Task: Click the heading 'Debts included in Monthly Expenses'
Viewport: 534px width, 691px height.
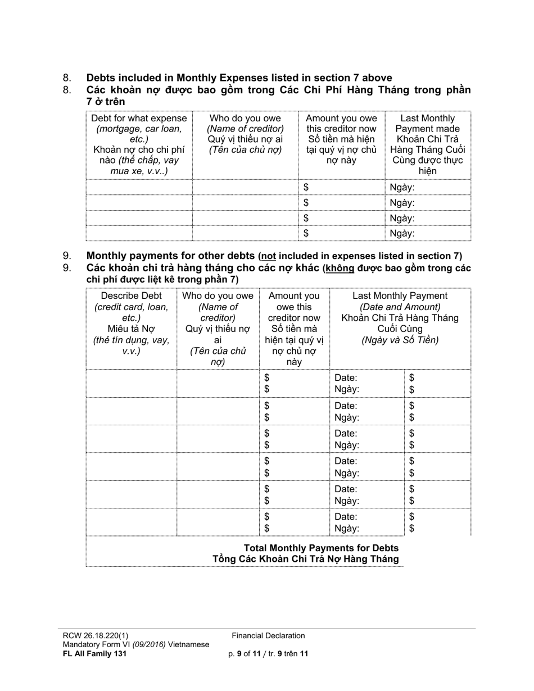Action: tap(239, 78)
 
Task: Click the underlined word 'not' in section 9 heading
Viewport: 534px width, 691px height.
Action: tap(268, 256)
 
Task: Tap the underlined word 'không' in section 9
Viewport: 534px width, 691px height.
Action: tap(340, 268)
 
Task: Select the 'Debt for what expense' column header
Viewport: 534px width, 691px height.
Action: tap(139, 119)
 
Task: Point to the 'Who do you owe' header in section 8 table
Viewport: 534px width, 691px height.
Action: tap(245, 119)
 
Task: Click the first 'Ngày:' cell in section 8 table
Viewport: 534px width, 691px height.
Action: tap(401, 188)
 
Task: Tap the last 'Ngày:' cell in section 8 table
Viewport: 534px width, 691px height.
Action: tap(401, 234)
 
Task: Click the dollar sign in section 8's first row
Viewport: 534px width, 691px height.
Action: tap(306, 188)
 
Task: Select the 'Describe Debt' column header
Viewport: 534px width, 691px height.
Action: tap(131, 296)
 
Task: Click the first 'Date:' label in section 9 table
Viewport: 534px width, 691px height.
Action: tap(346, 378)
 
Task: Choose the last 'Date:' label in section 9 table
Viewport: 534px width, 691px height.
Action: tap(346, 516)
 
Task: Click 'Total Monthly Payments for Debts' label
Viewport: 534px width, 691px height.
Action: tap(321, 548)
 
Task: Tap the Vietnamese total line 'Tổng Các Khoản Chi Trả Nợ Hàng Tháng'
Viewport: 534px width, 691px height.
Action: tap(305, 559)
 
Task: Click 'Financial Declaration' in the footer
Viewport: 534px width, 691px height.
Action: tap(268, 636)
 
